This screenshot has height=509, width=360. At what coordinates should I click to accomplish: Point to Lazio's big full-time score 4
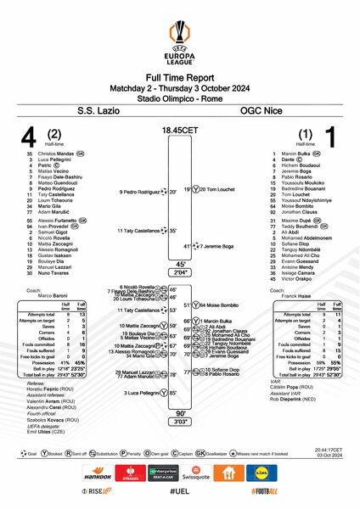pos(29,137)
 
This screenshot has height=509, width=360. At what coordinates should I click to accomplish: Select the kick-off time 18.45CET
pos(179,130)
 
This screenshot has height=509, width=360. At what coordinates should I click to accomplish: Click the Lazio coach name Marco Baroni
pos(54,295)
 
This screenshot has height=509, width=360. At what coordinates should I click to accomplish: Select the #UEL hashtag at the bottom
pos(179,493)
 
